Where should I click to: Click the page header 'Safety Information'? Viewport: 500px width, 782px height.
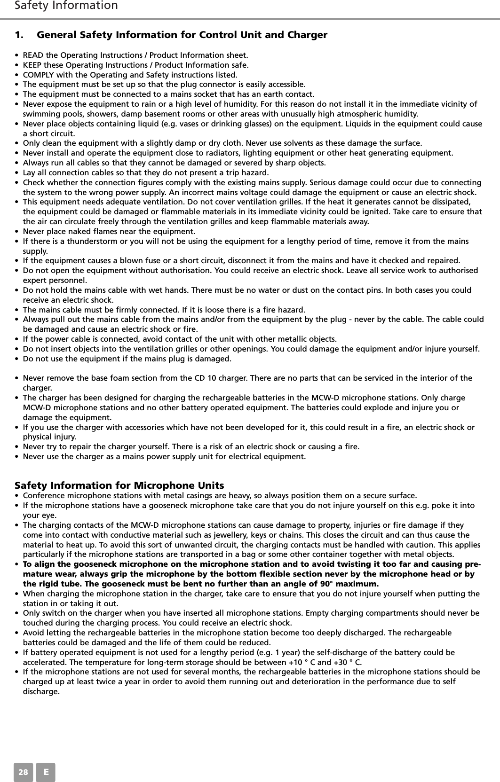pos(66,6)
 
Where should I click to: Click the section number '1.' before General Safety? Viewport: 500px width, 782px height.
pos(20,35)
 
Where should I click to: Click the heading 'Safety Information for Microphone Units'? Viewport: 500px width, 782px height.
pos(119,485)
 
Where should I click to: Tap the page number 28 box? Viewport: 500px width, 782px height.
pos(24,772)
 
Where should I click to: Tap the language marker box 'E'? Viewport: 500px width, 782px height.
pos(46,772)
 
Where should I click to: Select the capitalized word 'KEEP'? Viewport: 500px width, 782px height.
pos(32,65)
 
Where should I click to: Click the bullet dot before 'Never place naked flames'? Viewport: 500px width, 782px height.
pos(17,232)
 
